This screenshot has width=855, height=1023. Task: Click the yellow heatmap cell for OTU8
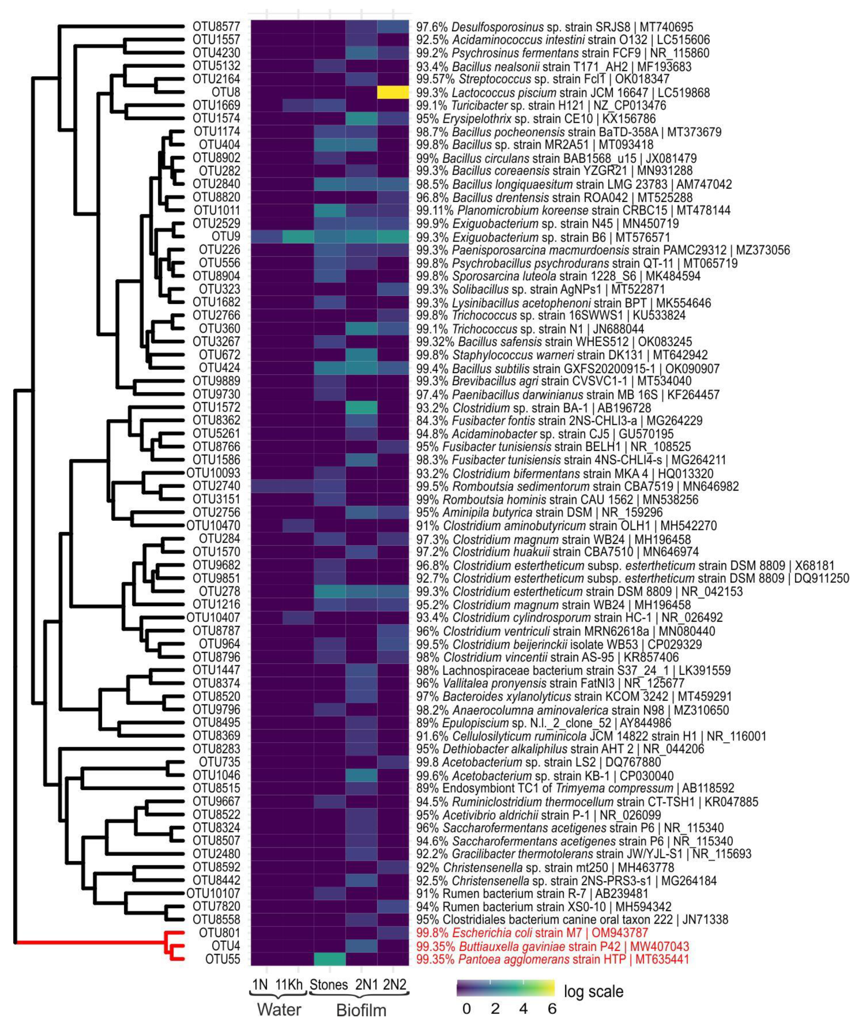pos(393,92)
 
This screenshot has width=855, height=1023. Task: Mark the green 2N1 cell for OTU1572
pos(361,407)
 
